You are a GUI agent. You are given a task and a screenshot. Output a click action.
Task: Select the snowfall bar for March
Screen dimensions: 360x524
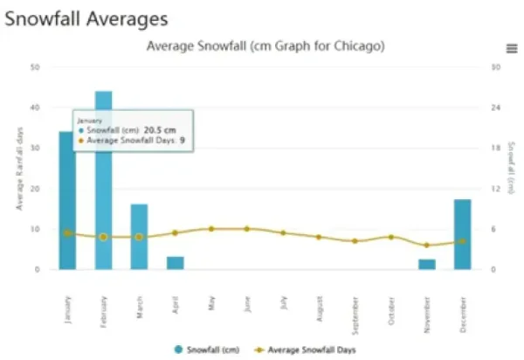click(x=139, y=237)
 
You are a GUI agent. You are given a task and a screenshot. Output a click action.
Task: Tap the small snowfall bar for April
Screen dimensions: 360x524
click(x=175, y=263)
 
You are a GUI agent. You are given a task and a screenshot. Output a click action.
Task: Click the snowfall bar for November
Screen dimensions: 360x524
click(x=426, y=264)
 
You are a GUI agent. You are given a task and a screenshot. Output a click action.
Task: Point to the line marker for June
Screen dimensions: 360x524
click(x=246, y=229)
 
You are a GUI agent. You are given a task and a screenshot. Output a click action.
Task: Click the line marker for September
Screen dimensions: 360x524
click(x=355, y=241)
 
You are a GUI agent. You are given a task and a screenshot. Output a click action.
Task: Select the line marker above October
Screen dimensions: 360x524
click(x=390, y=237)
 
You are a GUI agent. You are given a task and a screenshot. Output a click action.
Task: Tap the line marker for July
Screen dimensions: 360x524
click(x=282, y=233)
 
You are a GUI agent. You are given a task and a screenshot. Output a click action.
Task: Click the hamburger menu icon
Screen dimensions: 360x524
click(x=512, y=48)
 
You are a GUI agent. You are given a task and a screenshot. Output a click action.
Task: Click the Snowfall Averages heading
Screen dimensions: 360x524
click(x=86, y=17)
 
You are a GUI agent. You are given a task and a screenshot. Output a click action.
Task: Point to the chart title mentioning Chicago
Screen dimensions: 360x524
click(x=265, y=45)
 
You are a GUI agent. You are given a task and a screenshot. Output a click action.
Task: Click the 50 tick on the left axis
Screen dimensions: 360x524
click(x=34, y=66)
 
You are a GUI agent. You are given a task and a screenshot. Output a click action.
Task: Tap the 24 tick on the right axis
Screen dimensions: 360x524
click(x=495, y=107)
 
